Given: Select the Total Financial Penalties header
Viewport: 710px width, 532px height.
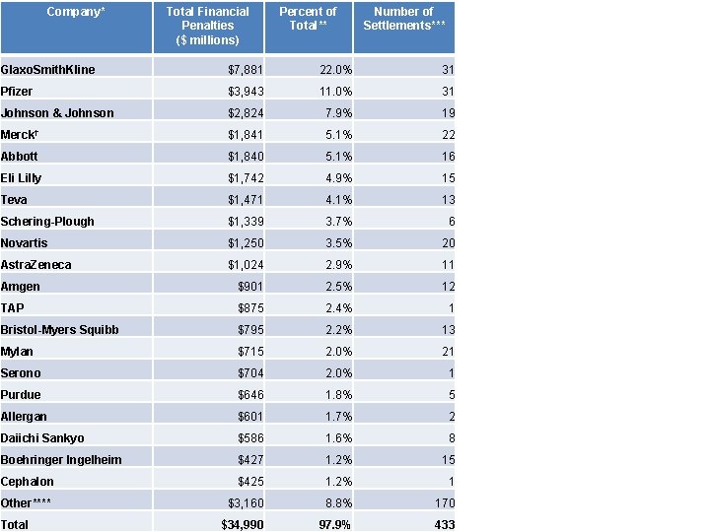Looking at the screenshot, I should tap(208, 26).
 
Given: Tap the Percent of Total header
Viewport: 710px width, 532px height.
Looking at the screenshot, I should tap(308, 18).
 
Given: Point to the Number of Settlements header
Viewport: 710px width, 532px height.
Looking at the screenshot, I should tap(403, 18).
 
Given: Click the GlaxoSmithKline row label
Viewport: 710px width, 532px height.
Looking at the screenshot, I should tap(48, 70).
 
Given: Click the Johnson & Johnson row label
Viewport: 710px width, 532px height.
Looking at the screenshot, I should tap(57, 113).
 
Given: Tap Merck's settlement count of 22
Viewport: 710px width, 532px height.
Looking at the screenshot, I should tap(447, 135).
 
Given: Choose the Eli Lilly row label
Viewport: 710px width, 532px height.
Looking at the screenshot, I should tap(22, 178).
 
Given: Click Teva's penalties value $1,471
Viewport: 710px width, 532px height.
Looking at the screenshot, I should tap(245, 200).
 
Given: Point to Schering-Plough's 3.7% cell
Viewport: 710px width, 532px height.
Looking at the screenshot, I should tap(336, 222).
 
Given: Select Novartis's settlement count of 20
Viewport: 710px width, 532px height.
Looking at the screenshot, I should tap(447, 243).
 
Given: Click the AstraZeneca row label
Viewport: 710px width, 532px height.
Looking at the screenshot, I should tap(35, 265).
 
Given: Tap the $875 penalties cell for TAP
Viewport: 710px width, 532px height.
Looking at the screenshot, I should tap(250, 308).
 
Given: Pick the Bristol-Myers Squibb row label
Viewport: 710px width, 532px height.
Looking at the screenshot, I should tap(59, 330).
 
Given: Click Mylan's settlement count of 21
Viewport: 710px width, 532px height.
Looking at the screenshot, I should tap(447, 352).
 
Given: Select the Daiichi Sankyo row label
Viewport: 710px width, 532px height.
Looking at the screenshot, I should tap(42, 438).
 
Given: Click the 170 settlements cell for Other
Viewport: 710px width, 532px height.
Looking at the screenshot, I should tap(444, 503).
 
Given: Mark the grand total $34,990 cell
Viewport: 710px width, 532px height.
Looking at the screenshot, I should tap(242, 525).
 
